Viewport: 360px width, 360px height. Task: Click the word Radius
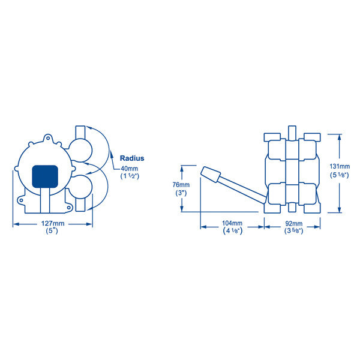(132, 158)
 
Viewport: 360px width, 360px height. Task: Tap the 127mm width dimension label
(53, 223)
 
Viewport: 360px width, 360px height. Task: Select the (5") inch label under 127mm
(53, 230)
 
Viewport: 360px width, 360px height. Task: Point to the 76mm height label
(180, 185)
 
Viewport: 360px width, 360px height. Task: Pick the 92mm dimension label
(294, 223)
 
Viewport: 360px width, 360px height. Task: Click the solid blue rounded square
(45, 176)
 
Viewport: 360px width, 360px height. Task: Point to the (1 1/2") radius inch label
(130, 177)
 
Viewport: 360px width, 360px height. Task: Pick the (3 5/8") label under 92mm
(294, 230)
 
